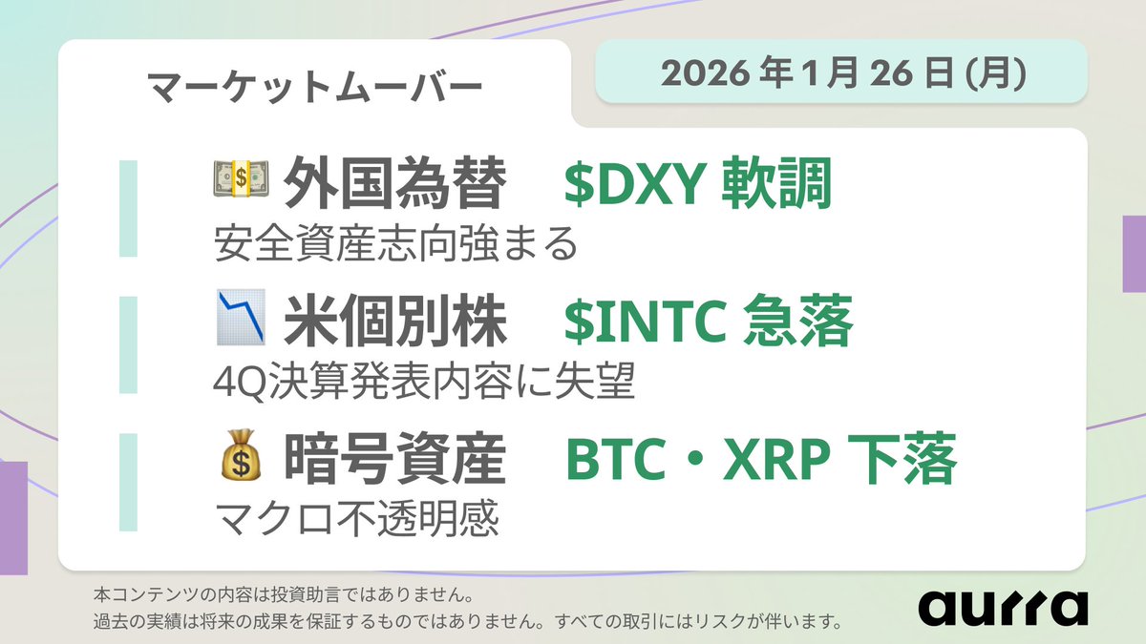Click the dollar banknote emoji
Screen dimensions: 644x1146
pyautogui.click(x=240, y=181)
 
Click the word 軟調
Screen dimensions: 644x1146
pyautogui.click(x=777, y=184)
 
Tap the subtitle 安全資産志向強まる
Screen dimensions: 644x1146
pyautogui.click(x=396, y=245)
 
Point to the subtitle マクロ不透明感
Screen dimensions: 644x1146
pyautogui.click(x=356, y=521)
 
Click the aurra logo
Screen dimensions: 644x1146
pyautogui.click(x=1003, y=607)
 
